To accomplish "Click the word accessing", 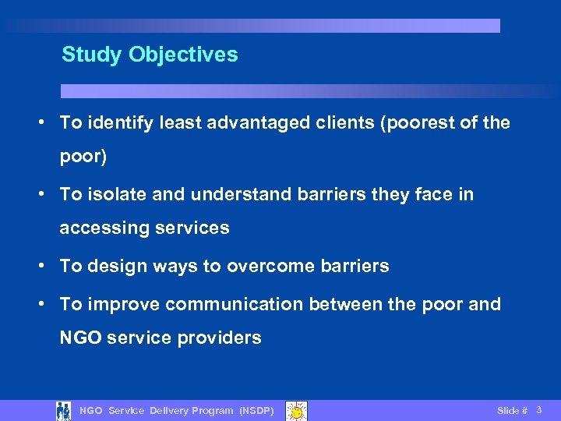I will pyautogui.click(x=97, y=228).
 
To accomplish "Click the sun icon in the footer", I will pyautogui.click(x=296, y=410).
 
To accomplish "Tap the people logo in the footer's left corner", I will pyautogui.click(x=64, y=410).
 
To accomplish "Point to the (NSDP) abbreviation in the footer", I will pyautogui.click(x=256, y=411).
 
